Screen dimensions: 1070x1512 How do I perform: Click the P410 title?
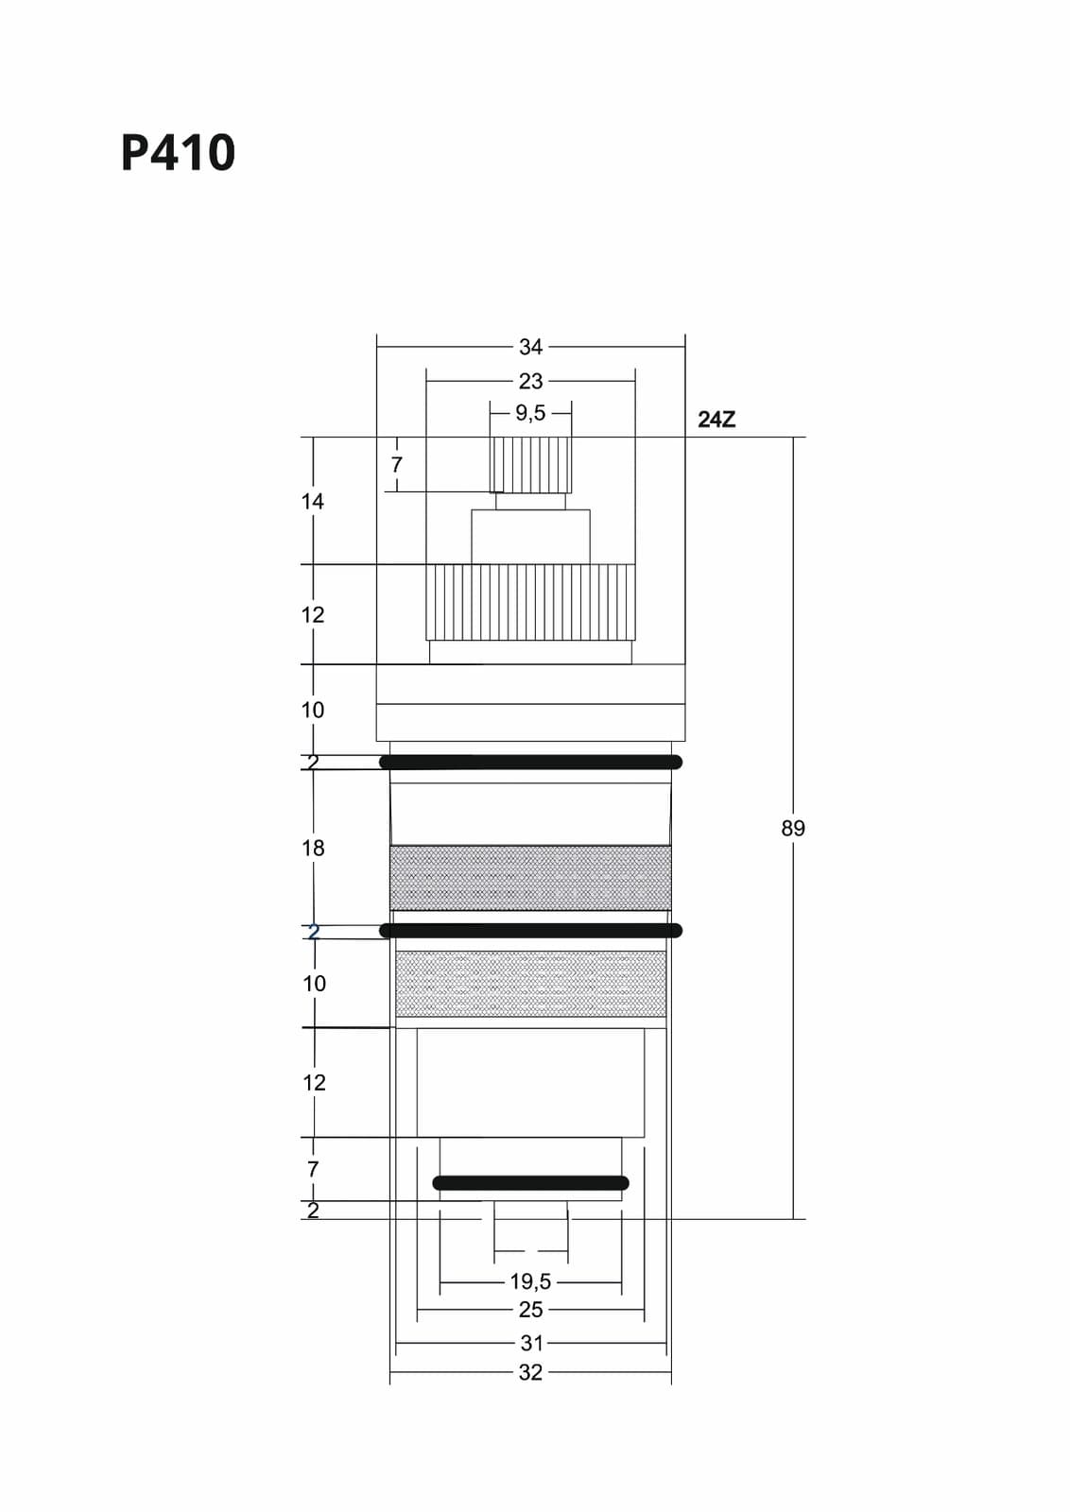pos(179,152)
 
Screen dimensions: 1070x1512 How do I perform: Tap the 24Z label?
pos(716,420)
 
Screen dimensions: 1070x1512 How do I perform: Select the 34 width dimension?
pos(530,347)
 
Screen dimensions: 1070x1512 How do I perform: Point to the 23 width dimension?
pos(530,382)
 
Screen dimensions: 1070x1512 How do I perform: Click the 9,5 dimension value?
pos(530,412)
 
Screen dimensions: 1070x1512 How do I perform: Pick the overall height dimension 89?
pos(793,828)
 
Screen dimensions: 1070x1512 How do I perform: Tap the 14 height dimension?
pos(313,501)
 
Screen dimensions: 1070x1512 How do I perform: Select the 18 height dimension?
pos(313,848)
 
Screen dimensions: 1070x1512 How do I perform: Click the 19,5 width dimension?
pos(530,1280)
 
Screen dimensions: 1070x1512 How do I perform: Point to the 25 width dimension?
pos(530,1310)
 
